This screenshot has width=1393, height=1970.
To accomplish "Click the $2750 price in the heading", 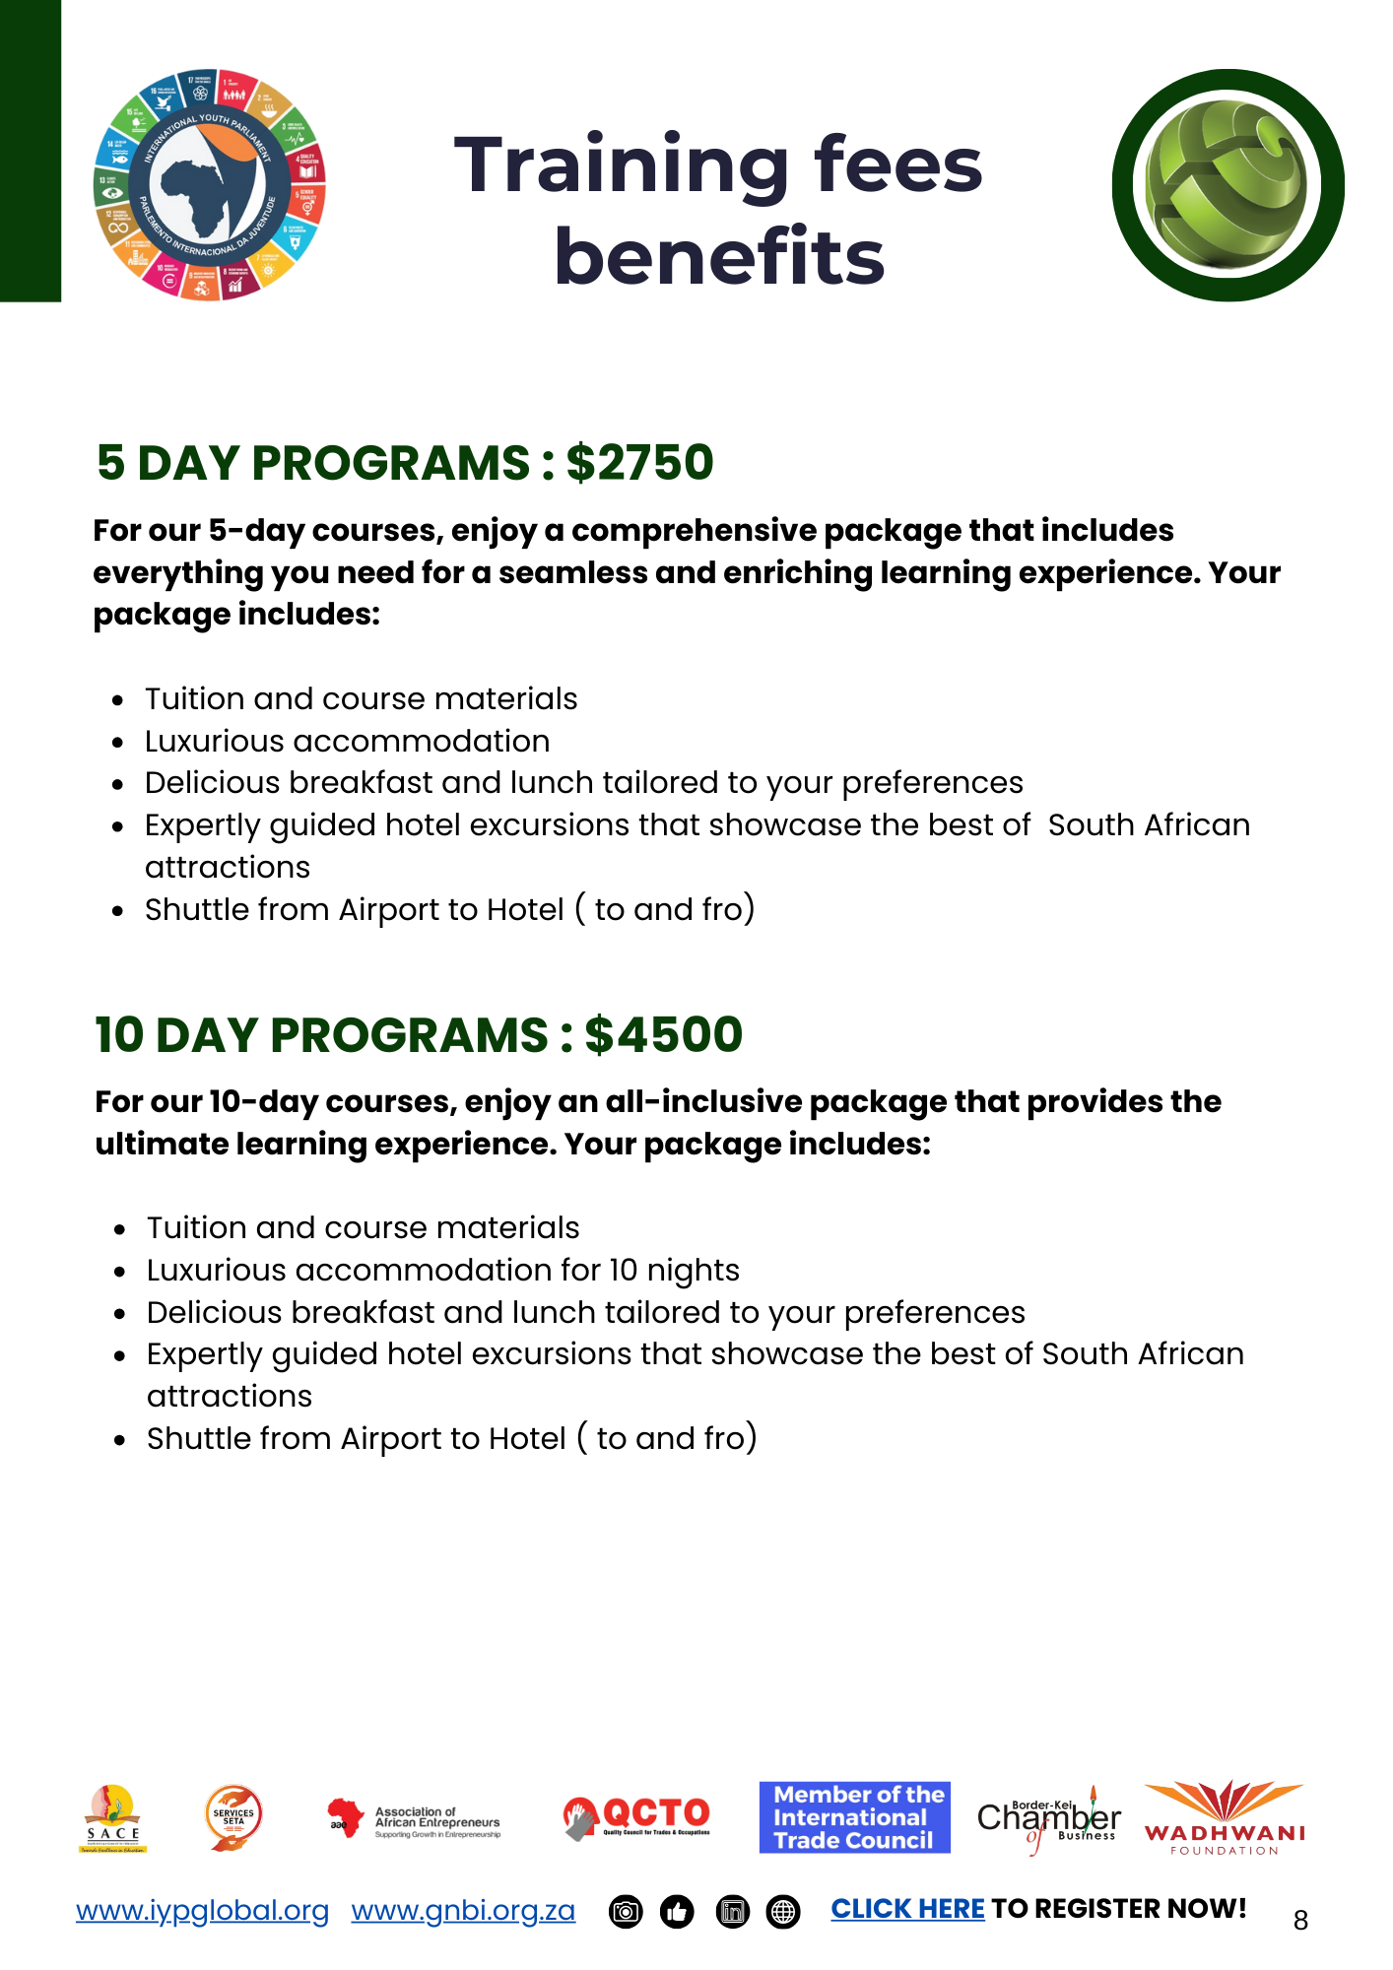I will [x=639, y=463].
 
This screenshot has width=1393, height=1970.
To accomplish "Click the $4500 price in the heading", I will [x=663, y=1035].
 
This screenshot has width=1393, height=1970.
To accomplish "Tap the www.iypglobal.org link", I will [x=202, y=1910].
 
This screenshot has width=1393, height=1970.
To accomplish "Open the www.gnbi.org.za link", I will [x=463, y=1910].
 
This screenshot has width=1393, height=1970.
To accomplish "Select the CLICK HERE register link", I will [x=907, y=1909].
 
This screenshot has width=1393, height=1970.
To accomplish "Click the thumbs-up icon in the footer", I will [x=677, y=1912].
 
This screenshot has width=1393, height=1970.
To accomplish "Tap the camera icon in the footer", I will [x=626, y=1912].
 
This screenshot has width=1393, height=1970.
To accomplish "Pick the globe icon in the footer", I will [x=783, y=1912].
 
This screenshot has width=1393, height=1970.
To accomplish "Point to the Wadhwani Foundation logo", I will [x=1224, y=1818].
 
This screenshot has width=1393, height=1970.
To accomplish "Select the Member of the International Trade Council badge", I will [x=854, y=1817].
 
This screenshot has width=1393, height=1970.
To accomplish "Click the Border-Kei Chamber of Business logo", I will [x=1048, y=1819].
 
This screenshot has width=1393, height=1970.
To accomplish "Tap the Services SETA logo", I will [x=233, y=1817].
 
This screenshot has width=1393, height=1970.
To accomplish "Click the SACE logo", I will [x=113, y=1818].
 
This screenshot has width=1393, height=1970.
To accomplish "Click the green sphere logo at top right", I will [x=1227, y=185].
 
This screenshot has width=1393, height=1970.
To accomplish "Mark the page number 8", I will [x=1300, y=1920].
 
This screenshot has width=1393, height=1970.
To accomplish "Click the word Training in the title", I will [x=622, y=164].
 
